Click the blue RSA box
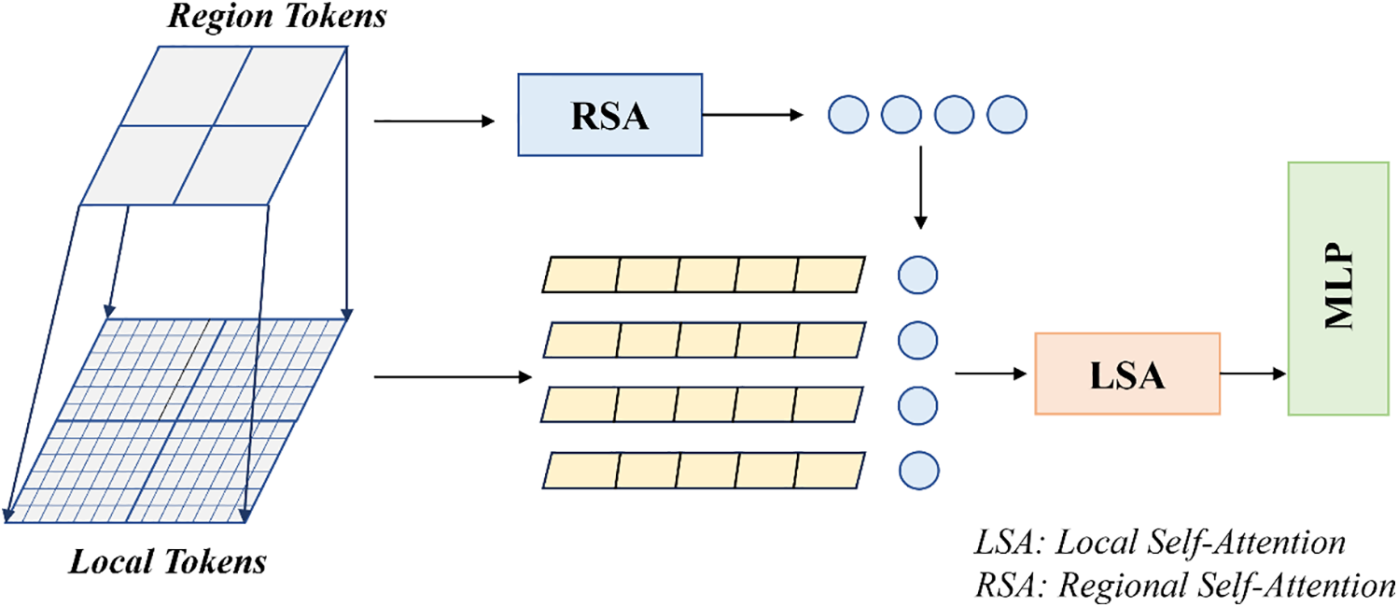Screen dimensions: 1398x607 (x=609, y=115)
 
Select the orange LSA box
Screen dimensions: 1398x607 (x=1127, y=374)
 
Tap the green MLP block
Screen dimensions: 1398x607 (x=1338, y=289)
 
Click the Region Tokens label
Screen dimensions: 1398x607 (x=277, y=16)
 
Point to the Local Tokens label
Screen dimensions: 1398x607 (x=167, y=561)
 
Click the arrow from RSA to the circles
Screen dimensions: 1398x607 (x=753, y=115)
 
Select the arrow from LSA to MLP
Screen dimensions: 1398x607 (x=1253, y=374)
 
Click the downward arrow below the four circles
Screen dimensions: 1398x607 (x=920, y=188)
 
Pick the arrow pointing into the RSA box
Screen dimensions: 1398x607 (x=434, y=120)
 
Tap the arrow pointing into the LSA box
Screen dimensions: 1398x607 (x=991, y=374)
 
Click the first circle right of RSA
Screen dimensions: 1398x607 (x=848, y=114)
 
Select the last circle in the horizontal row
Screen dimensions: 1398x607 (x=1007, y=114)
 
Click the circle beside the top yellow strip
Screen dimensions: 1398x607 (x=917, y=275)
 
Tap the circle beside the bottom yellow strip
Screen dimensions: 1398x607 (x=918, y=471)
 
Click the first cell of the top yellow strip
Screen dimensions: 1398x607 (x=580, y=275)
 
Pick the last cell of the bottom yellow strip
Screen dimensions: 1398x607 (x=830, y=471)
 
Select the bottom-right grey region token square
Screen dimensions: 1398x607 (x=240, y=165)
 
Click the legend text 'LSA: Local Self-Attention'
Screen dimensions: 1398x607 (x=1160, y=542)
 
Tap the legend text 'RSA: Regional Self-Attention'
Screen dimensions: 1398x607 (x=1185, y=586)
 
